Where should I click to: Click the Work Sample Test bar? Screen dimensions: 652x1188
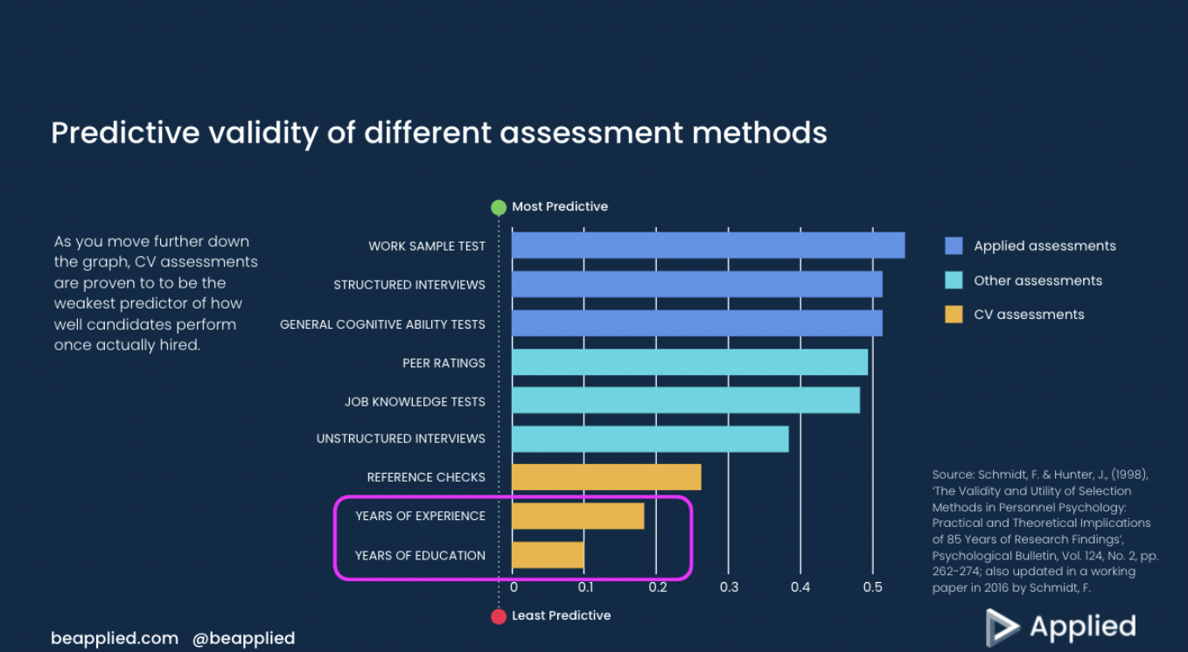tap(708, 246)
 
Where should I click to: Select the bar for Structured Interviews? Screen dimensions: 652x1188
tap(696, 284)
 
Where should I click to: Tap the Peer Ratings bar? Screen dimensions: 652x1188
tap(689, 362)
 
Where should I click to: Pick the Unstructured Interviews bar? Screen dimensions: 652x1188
tap(650, 439)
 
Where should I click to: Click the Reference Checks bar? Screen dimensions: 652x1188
tap(606, 477)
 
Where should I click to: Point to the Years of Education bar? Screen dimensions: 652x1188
tap(548, 555)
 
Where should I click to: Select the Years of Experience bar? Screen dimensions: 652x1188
tap(577, 516)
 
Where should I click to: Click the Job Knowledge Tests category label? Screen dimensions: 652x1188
tap(415, 402)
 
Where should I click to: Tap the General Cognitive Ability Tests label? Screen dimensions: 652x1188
tap(382, 324)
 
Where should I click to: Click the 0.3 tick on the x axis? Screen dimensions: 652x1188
tap(729, 587)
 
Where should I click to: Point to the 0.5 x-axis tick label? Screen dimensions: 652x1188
tap(872, 587)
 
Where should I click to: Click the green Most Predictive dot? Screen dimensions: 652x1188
tap(499, 207)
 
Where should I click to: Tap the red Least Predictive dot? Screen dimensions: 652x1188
tap(499, 616)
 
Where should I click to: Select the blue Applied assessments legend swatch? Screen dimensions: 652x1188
tap(954, 246)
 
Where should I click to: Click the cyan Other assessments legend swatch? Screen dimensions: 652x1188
tap(954, 281)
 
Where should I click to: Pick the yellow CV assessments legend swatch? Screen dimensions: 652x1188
tap(954, 315)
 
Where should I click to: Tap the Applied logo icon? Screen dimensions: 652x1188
tap(1002, 627)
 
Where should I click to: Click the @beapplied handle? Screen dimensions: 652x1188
tap(243, 638)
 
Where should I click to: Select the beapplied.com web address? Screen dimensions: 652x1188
tap(115, 638)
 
